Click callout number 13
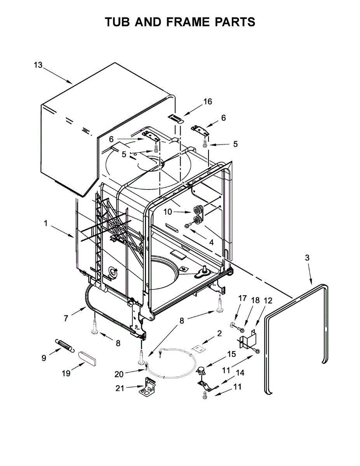coord(38,65)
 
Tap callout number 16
coord(208,102)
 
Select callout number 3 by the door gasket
coord(307,257)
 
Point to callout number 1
coord(45,223)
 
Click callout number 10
coord(167,212)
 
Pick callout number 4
coord(211,242)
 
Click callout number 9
coord(43,358)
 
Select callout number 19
coord(66,374)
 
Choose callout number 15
coord(231,354)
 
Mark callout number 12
coord(268,300)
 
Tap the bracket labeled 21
coord(149,388)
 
